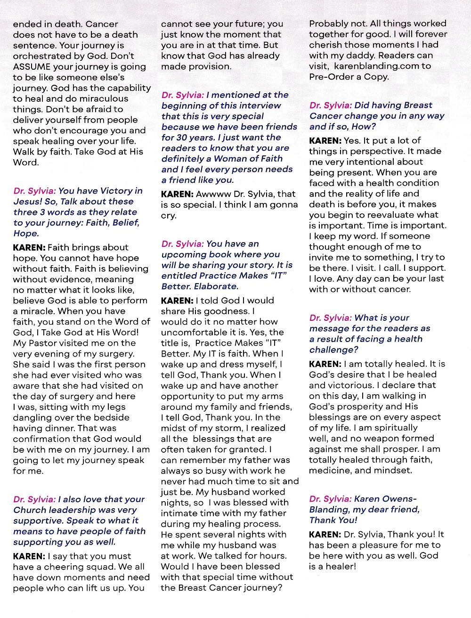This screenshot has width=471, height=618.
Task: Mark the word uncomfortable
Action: (193, 333)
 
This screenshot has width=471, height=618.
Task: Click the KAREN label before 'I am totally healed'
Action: (325, 364)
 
